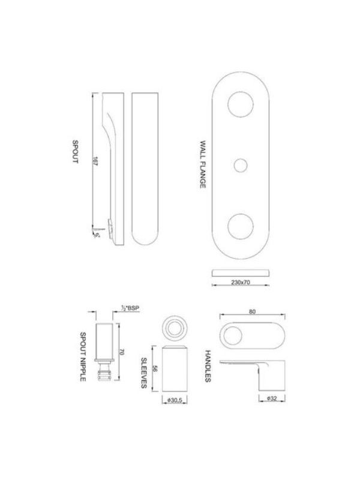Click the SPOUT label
coord(76,152)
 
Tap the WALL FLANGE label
coord(203,164)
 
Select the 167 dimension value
coord(95,161)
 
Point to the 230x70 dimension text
coord(241,282)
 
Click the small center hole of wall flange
coord(241,166)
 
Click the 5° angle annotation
coord(97,235)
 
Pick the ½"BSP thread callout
coord(130,308)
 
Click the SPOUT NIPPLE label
coord(83,356)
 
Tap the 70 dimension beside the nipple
coord(122,352)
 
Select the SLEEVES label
coord(144,373)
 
